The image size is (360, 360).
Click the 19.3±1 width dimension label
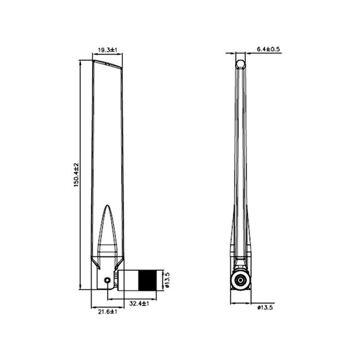point(107,50)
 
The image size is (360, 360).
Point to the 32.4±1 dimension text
point(140,304)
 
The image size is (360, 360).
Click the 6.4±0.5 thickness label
point(269,49)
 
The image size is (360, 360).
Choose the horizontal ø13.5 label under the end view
point(265,308)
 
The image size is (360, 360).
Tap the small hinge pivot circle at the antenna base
point(107,281)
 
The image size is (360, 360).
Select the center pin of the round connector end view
point(240,281)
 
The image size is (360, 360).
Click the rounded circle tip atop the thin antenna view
point(240,64)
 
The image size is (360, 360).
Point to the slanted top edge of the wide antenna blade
point(107,64)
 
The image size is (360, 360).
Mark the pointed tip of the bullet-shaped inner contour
point(107,205)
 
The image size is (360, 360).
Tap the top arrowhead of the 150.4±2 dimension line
point(81,62)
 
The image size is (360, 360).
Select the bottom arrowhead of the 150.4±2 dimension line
point(81,287)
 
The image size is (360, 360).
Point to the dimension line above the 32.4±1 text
point(138,299)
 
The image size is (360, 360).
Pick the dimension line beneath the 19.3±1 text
point(107,55)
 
